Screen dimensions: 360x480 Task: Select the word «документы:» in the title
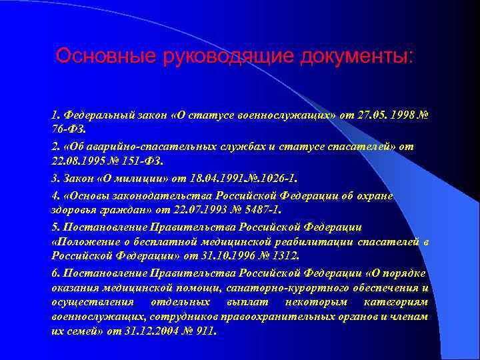click(357, 55)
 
